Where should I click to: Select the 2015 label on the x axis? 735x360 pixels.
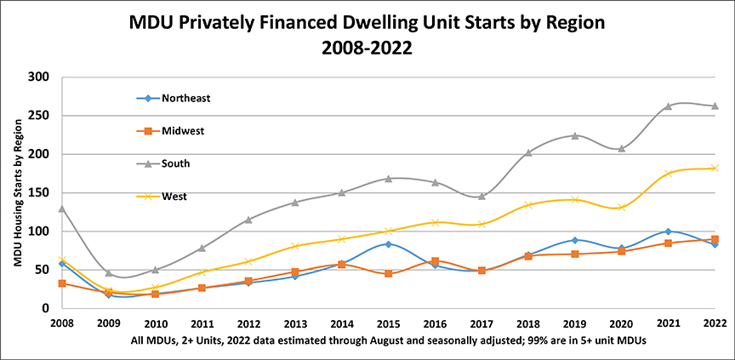[388, 323]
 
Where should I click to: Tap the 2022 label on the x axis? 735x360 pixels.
[715, 323]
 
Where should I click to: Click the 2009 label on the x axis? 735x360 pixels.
[108, 323]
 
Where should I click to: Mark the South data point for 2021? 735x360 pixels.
[668, 106]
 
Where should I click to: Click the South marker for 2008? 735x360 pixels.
[62, 209]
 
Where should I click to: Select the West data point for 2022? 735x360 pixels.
[715, 168]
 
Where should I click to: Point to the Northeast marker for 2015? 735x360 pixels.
[388, 244]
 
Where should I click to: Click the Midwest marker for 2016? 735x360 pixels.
[435, 261]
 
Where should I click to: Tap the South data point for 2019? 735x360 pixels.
[575, 136]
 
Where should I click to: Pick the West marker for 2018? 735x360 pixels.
[528, 205]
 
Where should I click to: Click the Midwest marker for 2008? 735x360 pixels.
[62, 283]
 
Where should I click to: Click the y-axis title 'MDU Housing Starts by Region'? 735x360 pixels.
[19, 192]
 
